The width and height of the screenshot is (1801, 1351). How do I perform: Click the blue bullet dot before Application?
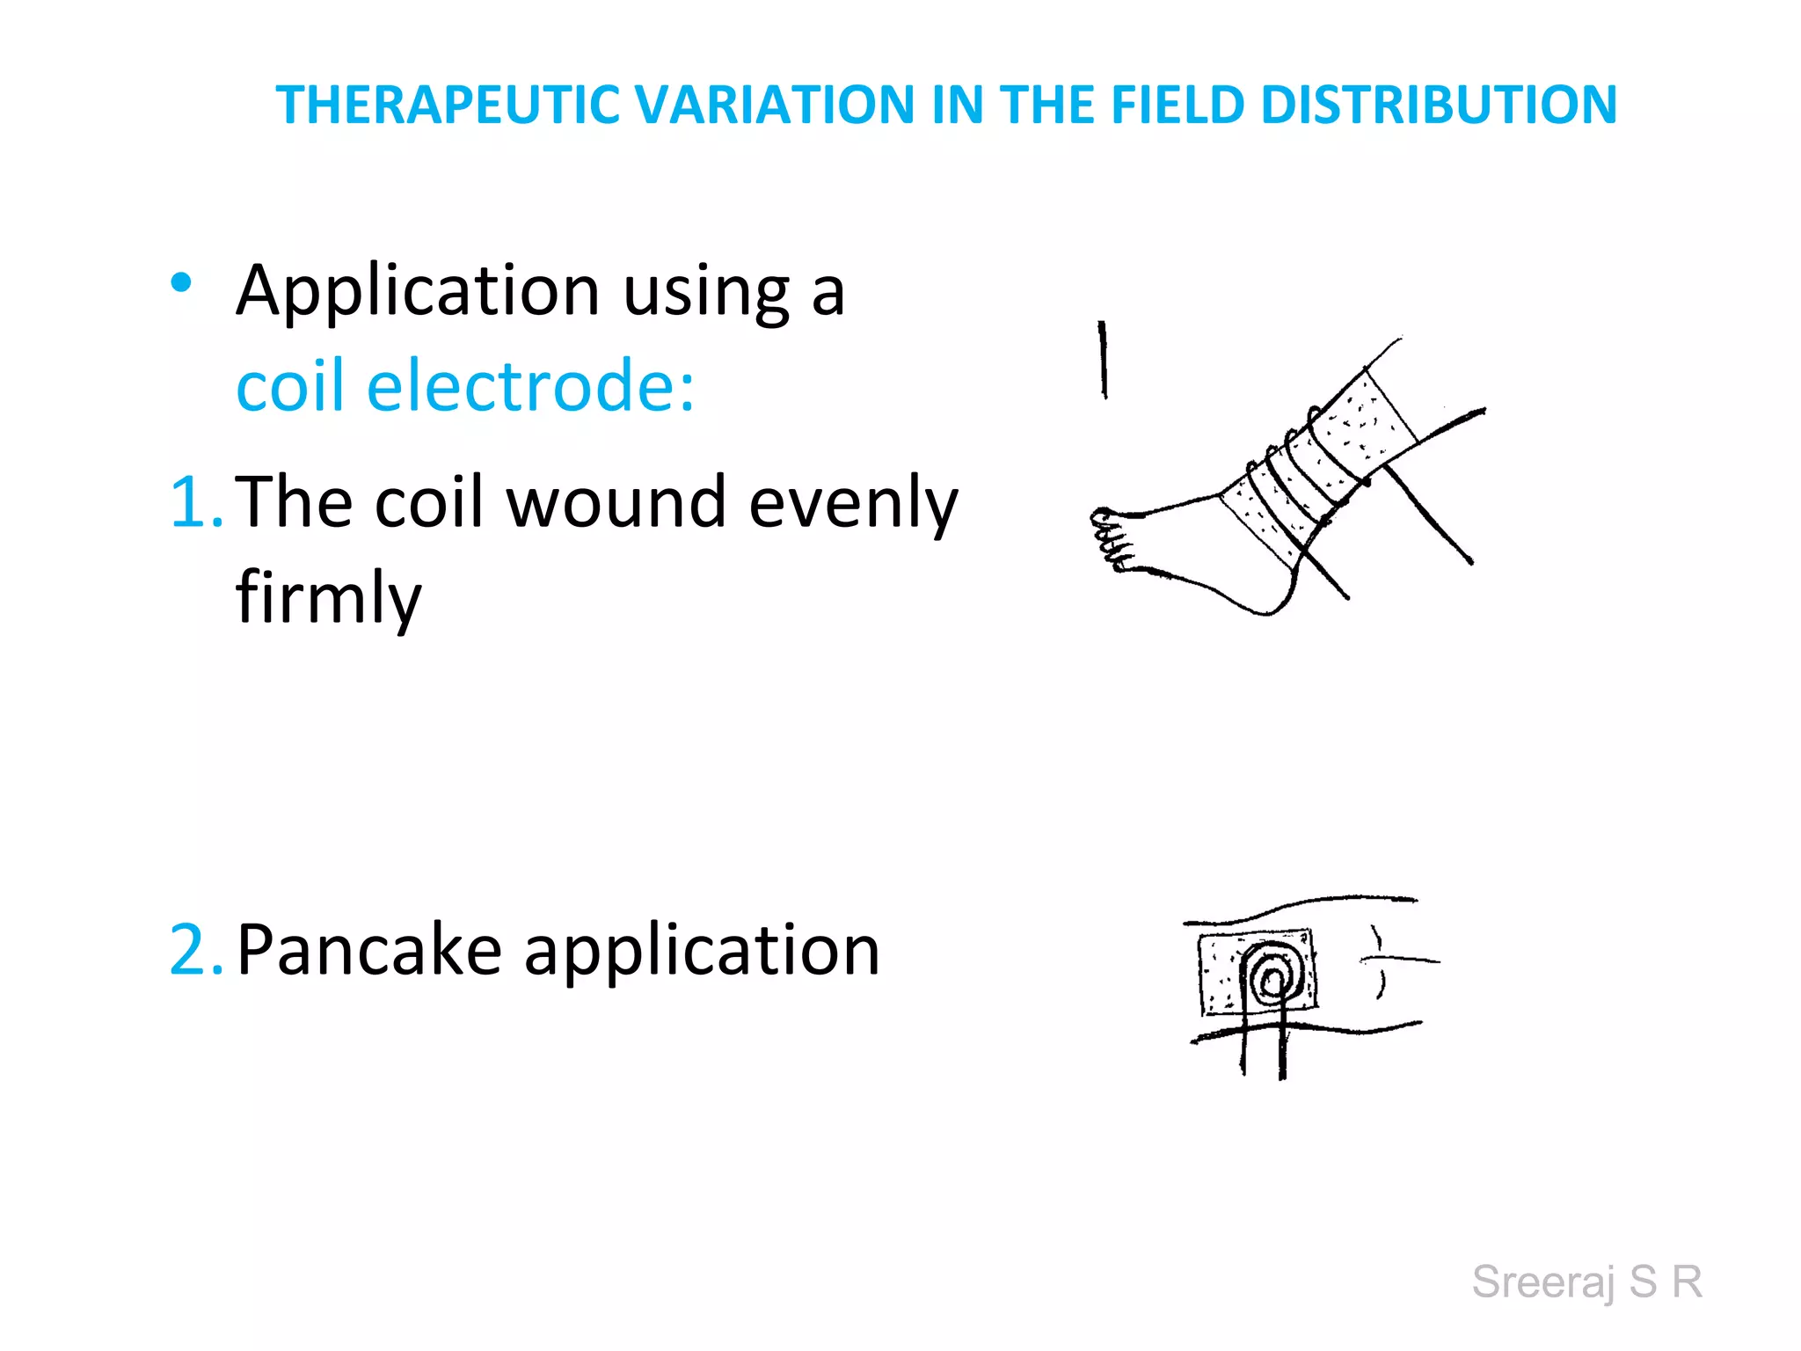tap(181, 282)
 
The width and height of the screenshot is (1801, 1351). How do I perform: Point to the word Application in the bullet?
tap(419, 292)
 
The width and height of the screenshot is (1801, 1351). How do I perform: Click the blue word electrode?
tap(530, 386)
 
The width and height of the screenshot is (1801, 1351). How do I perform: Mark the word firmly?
tap(328, 598)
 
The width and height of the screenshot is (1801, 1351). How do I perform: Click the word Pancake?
tap(369, 951)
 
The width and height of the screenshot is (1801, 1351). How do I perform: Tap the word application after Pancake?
tap(702, 951)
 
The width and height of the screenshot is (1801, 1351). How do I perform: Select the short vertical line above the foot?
tap(1103, 360)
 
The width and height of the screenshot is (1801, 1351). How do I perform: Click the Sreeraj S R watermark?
tap(1587, 1282)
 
